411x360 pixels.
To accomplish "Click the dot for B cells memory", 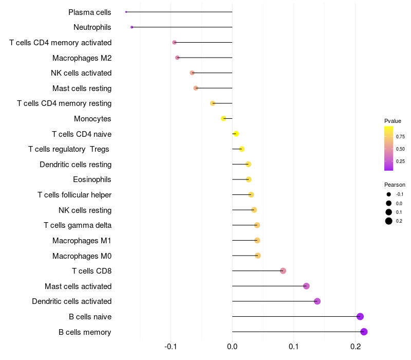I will point(364,332).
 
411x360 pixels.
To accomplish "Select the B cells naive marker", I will point(360,316).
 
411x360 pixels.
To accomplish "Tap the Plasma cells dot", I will point(126,12).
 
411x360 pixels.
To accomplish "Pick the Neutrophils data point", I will point(132,27).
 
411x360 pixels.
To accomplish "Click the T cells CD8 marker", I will point(283,271).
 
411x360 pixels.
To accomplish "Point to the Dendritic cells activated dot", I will point(317,301).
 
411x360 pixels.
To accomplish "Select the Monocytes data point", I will point(223,119).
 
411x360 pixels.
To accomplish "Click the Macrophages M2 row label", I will point(82,58).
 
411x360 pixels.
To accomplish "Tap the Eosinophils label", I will point(92,179).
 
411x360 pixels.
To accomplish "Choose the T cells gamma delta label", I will point(78,225).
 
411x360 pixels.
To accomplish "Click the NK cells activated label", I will point(81,73).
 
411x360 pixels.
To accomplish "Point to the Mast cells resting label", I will point(82,88).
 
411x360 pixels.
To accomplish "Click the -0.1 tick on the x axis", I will point(171,347).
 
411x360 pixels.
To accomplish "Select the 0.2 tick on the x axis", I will point(356,347).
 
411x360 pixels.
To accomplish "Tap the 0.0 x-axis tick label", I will point(232,347).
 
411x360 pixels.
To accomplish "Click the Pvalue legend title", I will point(393,121).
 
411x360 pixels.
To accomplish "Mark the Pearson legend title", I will point(395,185).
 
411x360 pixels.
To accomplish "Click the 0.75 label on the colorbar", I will point(400,136).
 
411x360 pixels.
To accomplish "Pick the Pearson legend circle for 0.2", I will point(389,221).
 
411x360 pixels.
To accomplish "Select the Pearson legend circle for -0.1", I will point(389,194).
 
